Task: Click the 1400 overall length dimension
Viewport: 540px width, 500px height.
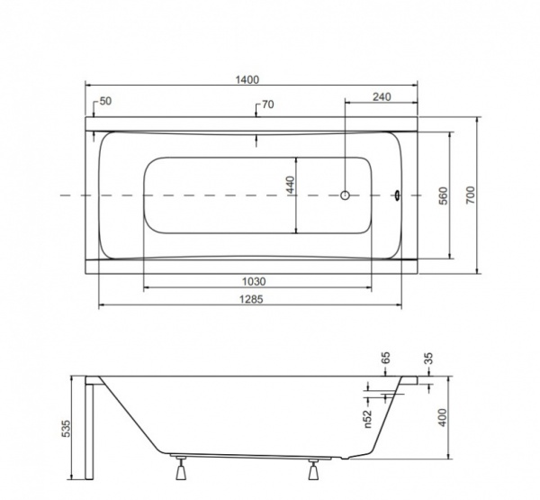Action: pyautogui.click(x=247, y=79)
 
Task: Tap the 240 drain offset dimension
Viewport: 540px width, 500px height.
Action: pyautogui.click(x=382, y=97)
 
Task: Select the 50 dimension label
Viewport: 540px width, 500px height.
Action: pyautogui.click(x=105, y=102)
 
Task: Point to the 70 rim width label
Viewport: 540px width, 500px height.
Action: pyautogui.click(x=268, y=105)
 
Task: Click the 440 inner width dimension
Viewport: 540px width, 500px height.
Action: pyautogui.click(x=291, y=185)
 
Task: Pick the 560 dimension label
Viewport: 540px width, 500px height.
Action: pyautogui.click(x=444, y=195)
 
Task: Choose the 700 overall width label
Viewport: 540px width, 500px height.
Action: pyautogui.click(x=471, y=195)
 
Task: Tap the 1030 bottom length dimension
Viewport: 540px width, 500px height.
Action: pyautogui.click(x=254, y=282)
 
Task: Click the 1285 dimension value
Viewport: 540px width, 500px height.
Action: pyautogui.click(x=251, y=299)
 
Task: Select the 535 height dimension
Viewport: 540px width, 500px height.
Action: pyautogui.click(x=66, y=428)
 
